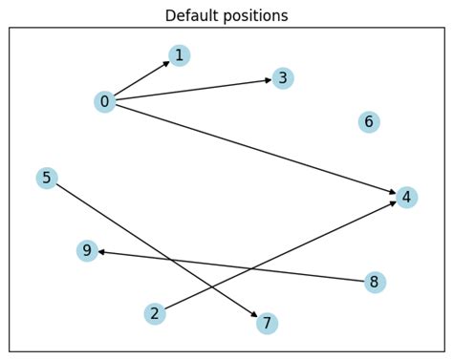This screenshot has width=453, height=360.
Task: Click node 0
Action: coord(105,101)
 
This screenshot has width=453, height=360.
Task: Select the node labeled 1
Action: coord(179,55)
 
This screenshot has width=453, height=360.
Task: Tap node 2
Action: coord(155,313)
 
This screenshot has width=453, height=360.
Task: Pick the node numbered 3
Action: coord(282,78)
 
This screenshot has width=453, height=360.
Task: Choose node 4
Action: coord(407,197)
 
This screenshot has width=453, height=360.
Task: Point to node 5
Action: coord(47,178)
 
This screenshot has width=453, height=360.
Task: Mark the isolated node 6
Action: coord(369,121)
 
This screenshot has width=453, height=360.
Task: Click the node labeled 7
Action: coord(268,323)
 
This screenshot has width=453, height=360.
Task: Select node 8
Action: coord(375,282)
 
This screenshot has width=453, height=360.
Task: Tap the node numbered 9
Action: coord(87,250)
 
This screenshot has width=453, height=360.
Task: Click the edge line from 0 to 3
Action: coord(191,90)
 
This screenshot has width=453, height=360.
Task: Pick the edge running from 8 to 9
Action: coord(229,265)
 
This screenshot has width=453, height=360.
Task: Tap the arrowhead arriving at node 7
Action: coord(254,314)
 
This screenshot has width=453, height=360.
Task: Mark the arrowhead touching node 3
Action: coord(267,80)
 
